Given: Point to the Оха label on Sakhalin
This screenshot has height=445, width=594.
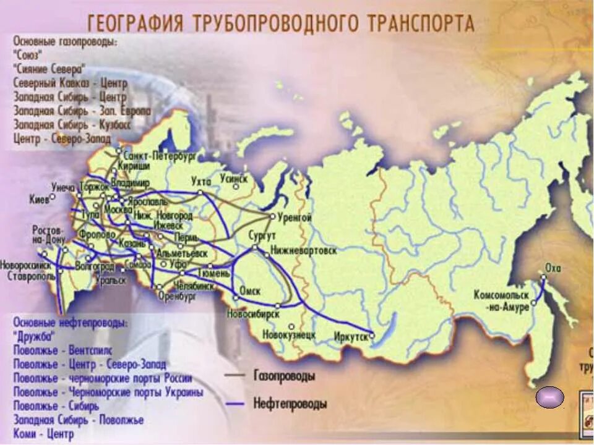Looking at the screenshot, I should (553, 268).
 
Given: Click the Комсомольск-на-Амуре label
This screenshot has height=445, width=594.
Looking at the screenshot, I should (502, 300).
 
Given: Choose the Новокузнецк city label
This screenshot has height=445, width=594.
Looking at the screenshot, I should (289, 335).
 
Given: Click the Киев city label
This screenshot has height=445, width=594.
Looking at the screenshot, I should (39, 199).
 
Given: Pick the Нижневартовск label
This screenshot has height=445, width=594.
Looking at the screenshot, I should (304, 252).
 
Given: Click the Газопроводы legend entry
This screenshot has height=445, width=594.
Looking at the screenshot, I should (283, 376).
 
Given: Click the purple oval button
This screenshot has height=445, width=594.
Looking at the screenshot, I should (549, 396).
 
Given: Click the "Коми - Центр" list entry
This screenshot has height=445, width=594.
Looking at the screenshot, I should (43, 434).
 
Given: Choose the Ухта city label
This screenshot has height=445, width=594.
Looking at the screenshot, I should (201, 181).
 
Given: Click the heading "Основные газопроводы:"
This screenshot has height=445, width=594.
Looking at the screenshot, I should (65, 41).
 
